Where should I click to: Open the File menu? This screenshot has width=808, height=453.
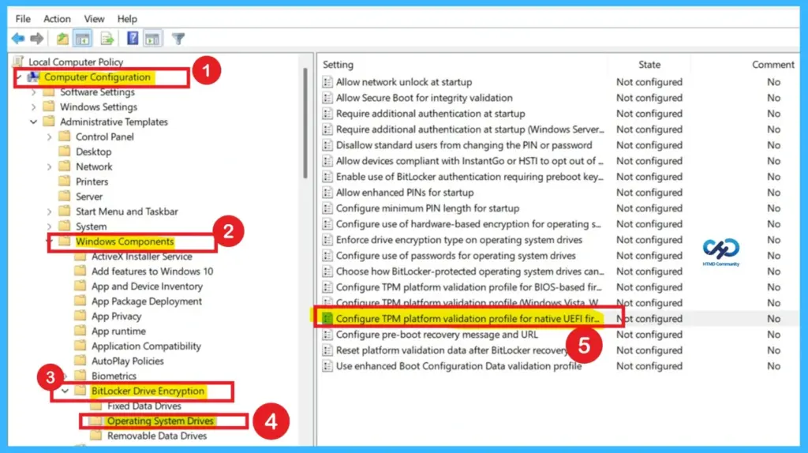(x=23, y=18)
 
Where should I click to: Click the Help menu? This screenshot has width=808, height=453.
(x=127, y=18)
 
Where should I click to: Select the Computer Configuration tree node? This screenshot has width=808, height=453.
(x=97, y=77)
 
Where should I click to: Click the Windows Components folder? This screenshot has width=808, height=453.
(x=125, y=241)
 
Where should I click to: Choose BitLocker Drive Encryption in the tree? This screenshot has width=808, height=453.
(x=148, y=391)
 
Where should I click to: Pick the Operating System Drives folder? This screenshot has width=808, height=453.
(x=160, y=421)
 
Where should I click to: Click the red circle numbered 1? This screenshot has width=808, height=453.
(x=206, y=71)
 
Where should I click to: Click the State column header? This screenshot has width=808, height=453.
(x=649, y=65)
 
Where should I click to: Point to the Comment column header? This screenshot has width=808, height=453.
(x=772, y=65)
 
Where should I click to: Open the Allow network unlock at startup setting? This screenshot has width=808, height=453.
(x=404, y=82)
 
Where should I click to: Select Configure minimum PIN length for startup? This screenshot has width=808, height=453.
(x=428, y=208)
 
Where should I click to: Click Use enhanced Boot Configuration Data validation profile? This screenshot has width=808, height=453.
(x=458, y=366)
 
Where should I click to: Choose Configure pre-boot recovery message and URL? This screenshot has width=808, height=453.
(x=437, y=335)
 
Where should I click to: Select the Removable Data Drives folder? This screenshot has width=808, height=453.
(x=157, y=436)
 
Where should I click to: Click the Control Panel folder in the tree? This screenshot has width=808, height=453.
(x=104, y=137)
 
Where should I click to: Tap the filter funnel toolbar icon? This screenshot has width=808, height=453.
(x=178, y=39)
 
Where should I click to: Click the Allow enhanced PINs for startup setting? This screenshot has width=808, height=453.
(x=405, y=193)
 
